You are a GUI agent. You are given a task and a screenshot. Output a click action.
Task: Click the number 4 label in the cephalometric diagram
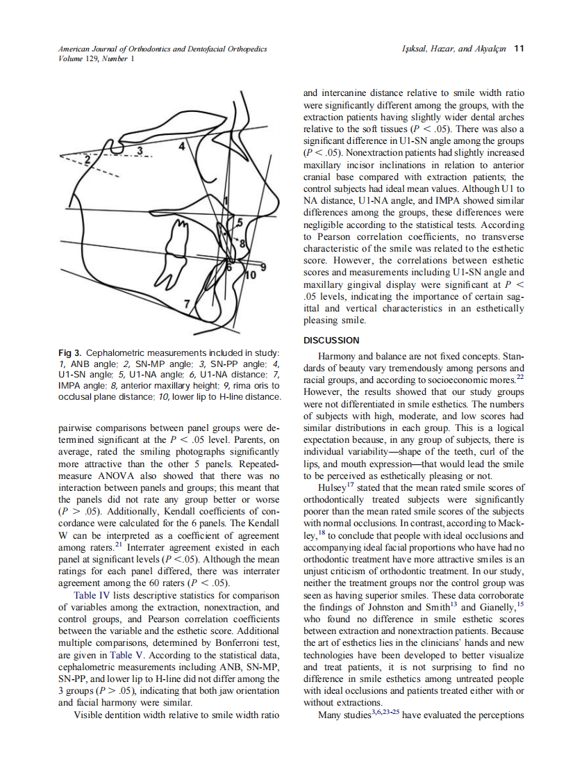coord(183,147)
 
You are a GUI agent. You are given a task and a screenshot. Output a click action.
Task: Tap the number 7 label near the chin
coord(186,303)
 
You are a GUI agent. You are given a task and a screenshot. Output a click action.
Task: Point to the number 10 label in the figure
coord(252,275)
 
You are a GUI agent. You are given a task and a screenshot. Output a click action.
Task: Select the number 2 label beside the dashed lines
coord(88,161)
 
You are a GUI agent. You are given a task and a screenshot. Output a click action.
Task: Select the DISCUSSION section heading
coord(332,340)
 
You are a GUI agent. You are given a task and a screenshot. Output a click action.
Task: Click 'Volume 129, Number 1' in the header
coord(92,58)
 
